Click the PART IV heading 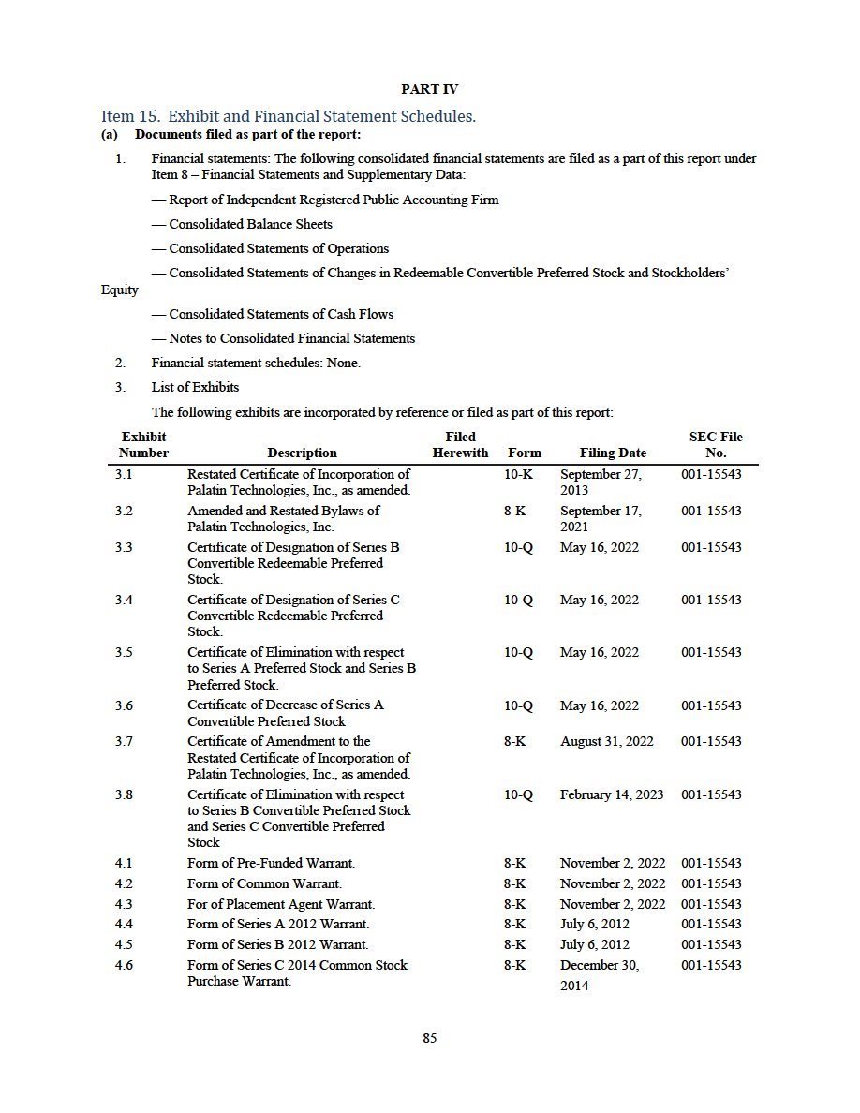(429, 89)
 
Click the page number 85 (429, 1038)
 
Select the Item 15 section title (289, 116)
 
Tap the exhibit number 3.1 (124, 474)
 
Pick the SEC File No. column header (717, 444)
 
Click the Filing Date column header (613, 453)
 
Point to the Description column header (302, 453)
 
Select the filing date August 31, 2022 (606, 741)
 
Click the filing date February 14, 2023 (611, 794)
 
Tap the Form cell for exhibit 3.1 (518, 474)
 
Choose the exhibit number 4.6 (124, 965)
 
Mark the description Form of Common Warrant (264, 883)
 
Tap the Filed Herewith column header (460, 444)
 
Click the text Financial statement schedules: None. (256, 363)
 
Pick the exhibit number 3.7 (124, 741)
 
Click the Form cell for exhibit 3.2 (514, 511)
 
